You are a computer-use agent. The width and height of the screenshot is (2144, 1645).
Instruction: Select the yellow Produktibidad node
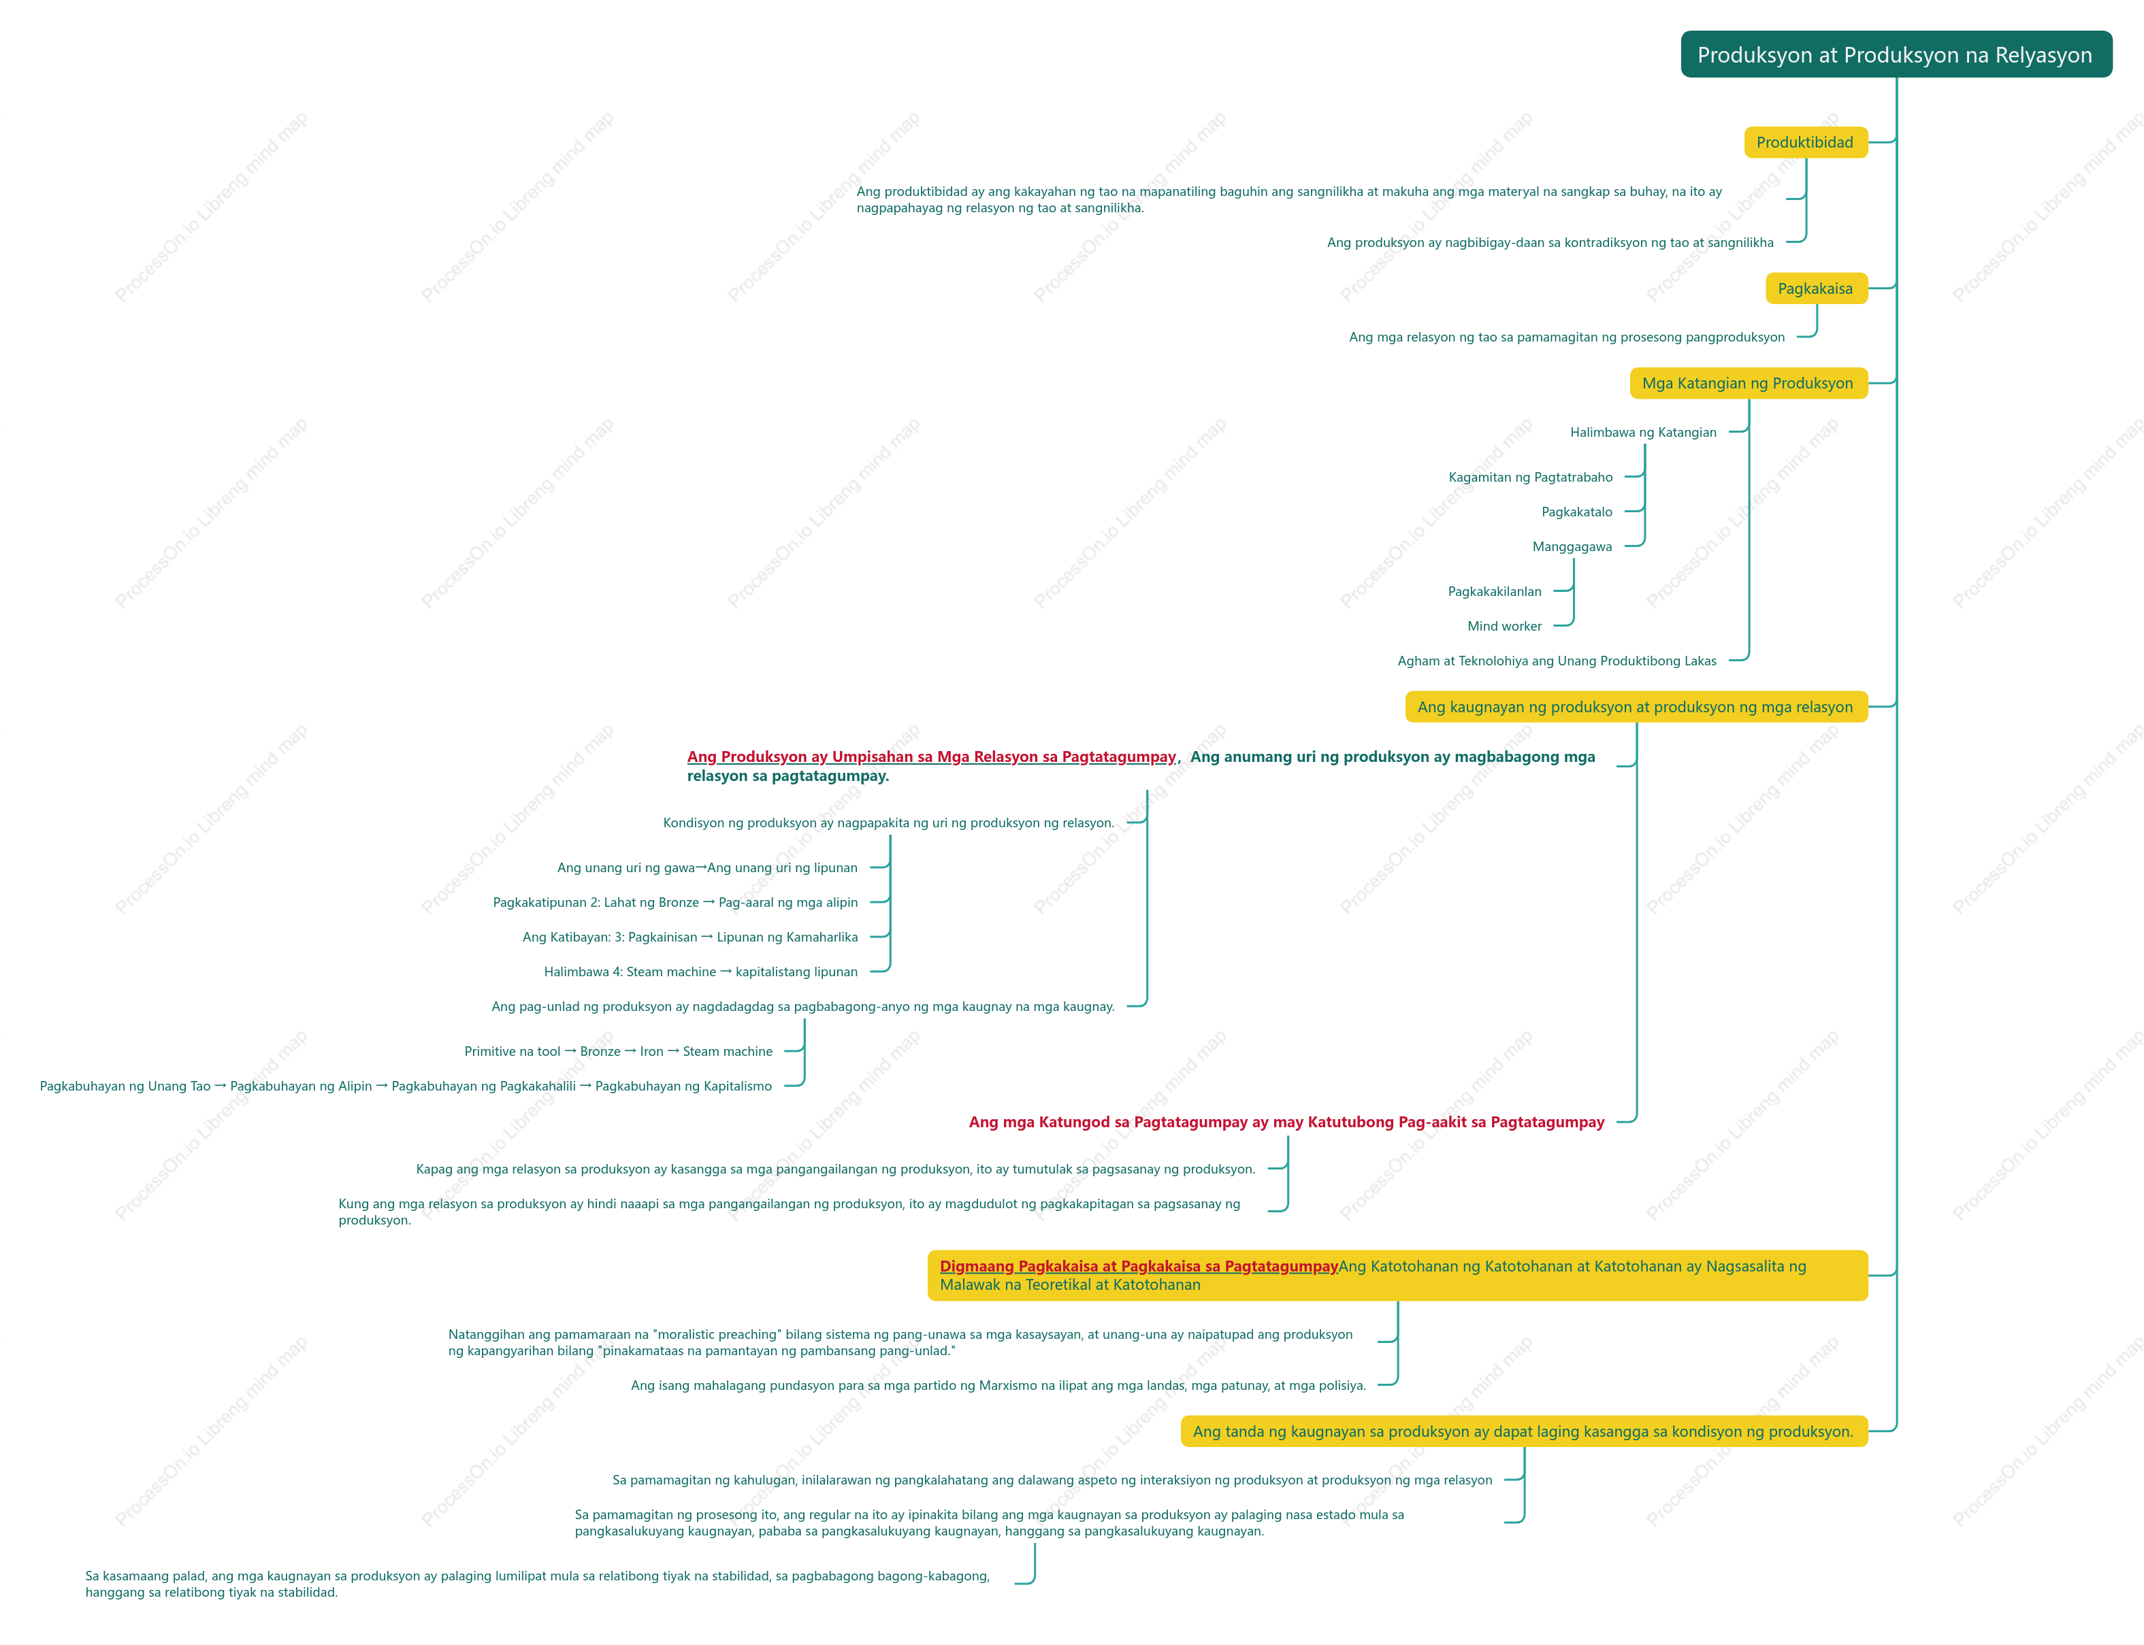(1805, 142)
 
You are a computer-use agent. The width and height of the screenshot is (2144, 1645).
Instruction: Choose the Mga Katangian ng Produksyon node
(1749, 383)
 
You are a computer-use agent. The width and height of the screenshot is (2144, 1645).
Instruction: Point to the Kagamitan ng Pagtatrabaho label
(1530, 477)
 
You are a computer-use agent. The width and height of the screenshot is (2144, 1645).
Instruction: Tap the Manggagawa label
(1572, 546)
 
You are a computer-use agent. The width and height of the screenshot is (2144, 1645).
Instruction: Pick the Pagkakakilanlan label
(1495, 591)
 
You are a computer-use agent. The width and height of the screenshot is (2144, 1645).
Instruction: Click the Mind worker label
(1504, 626)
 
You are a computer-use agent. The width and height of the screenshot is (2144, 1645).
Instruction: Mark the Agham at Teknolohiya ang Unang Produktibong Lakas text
(1557, 661)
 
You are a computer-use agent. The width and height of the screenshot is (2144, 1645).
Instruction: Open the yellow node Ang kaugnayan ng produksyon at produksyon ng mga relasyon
(1636, 707)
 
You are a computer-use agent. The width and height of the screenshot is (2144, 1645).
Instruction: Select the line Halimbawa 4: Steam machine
(700, 971)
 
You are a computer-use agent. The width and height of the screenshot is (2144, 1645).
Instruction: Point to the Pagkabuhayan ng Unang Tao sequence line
(406, 1086)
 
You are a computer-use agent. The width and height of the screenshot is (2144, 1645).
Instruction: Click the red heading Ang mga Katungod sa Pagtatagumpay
(1286, 1122)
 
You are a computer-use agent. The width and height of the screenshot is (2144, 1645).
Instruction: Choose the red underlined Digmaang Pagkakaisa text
(1138, 1266)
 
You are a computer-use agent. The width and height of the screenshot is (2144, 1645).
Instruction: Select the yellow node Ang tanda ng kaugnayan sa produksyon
(1523, 1431)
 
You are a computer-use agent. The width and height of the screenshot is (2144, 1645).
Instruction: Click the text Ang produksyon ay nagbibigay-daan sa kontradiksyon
(1550, 242)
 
